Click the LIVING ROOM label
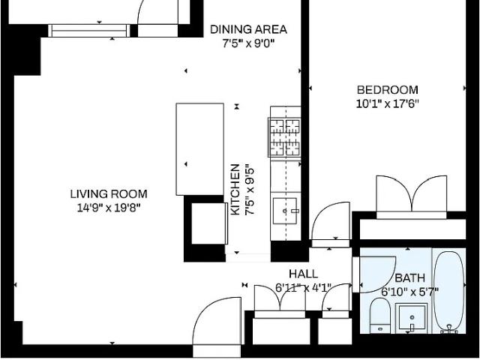109,194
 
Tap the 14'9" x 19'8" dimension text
109,208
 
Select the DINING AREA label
248,29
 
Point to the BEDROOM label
388,90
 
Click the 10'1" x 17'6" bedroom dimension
387,104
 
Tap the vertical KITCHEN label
235,190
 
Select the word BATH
410,278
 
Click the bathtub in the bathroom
449,292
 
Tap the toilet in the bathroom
380,316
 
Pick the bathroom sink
412,318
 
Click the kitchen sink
285,211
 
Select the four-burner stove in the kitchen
284,137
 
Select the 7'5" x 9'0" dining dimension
248,43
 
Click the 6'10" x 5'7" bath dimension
410,292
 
